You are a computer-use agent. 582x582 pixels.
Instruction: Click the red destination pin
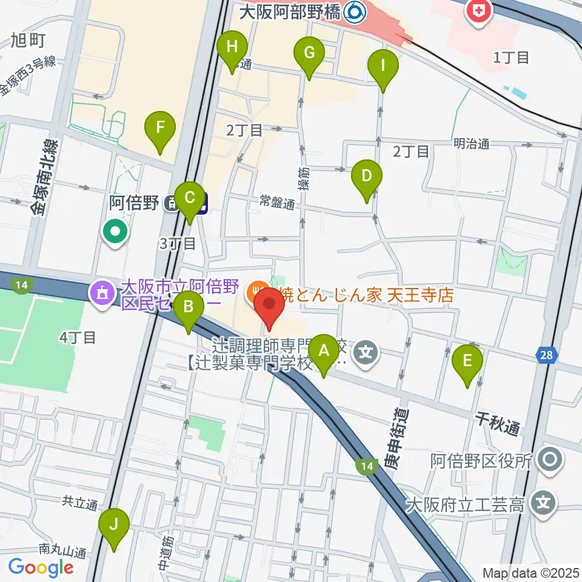tap(269, 308)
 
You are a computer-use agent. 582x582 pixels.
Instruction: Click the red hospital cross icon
tap(478, 12)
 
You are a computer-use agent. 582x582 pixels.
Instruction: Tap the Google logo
tap(41, 568)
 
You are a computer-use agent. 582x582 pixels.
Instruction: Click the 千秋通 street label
tap(497, 422)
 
